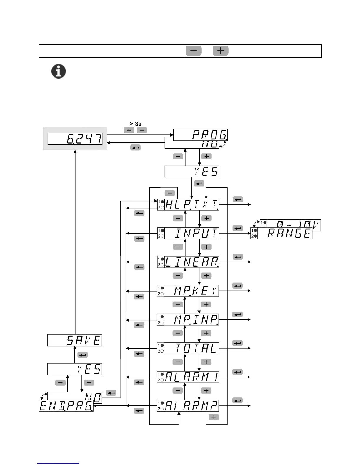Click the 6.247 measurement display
(75, 139)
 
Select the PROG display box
(201, 135)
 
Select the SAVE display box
(75, 340)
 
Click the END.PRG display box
(66, 406)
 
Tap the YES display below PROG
(192, 172)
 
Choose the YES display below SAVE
(75, 369)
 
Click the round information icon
(59, 71)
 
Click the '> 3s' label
(136, 124)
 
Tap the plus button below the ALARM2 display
(214, 417)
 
